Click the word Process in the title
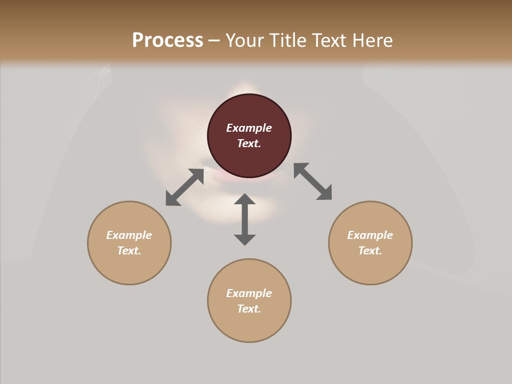[167, 41]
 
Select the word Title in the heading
[287, 41]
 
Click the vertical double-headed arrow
[245, 219]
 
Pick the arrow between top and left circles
[185, 187]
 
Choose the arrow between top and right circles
[313, 181]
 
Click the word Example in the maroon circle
[249, 128]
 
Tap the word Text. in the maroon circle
[249, 143]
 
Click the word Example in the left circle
[129, 235]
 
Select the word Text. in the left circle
[129, 251]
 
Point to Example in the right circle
[370, 235]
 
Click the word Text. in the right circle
[370, 251]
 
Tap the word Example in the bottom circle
[249, 293]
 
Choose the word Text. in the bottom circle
[249, 309]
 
